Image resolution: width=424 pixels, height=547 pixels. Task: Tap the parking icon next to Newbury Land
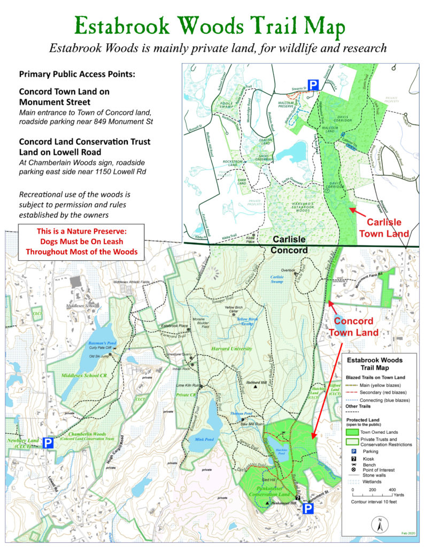48,443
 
